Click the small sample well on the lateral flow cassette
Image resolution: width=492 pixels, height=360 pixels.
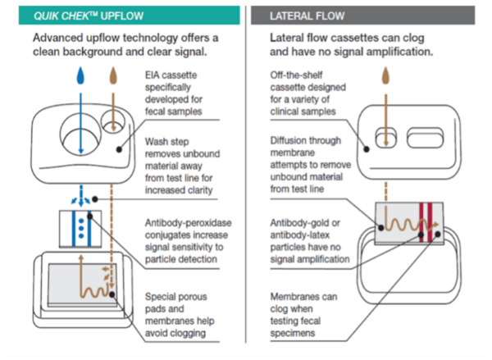point(382,137)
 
